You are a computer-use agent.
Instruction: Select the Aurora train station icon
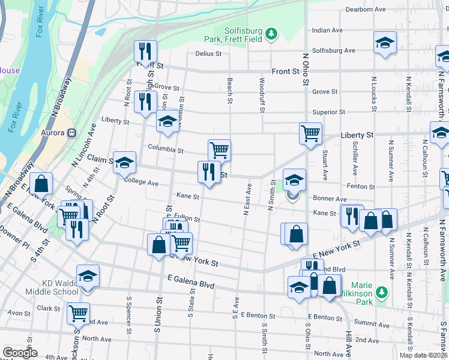point(71,132)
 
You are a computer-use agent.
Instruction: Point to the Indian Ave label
point(327,30)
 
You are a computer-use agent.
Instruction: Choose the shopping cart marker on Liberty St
point(310,133)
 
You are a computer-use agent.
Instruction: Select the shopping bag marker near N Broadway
point(41,184)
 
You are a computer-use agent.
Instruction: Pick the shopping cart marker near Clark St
point(78,313)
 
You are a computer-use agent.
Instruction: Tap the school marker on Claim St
point(124,162)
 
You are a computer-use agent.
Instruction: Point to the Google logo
point(20,353)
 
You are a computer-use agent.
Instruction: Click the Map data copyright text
point(424,355)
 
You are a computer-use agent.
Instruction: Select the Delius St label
point(208,53)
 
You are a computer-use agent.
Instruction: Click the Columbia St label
point(166,149)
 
